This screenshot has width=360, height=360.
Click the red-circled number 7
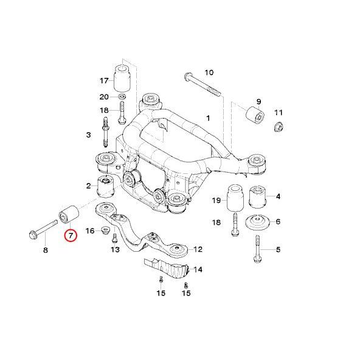coord(71,235)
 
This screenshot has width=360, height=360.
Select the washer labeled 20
coord(122,97)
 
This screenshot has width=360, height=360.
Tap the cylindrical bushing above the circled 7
coord(67,215)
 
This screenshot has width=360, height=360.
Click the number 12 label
coord(198,249)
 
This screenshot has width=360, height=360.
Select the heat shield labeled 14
coord(167,268)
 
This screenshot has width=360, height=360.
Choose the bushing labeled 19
coord(235,200)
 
